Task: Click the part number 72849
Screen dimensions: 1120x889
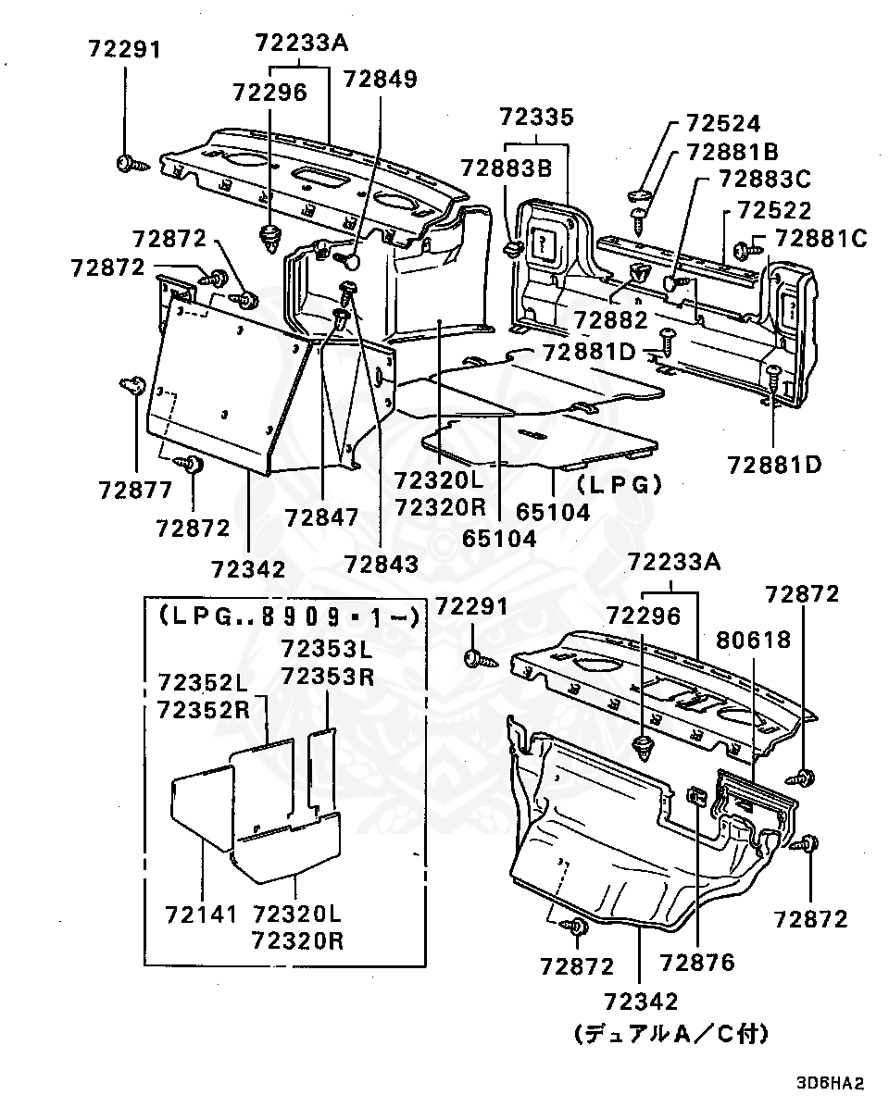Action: click(x=380, y=79)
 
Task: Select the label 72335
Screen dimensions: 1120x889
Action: click(x=536, y=118)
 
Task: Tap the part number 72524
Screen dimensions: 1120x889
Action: click(x=723, y=125)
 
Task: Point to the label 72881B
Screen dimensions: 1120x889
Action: click(x=732, y=152)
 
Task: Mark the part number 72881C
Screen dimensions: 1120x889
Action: click(x=820, y=240)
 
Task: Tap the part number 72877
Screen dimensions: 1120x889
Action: click(x=135, y=490)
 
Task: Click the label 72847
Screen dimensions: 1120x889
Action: click(x=321, y=518)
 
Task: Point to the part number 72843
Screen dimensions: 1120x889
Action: click(x=381, y=563)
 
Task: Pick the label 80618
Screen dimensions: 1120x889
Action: click(x=753, y=639)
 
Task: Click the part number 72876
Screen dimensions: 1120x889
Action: click(x=697, y=963)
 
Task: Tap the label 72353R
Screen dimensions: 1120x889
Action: click(x=327, y=676)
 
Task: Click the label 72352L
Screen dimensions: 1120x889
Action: click(x=203, y=683)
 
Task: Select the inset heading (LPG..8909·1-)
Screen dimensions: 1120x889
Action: click(x=288, y=616)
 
